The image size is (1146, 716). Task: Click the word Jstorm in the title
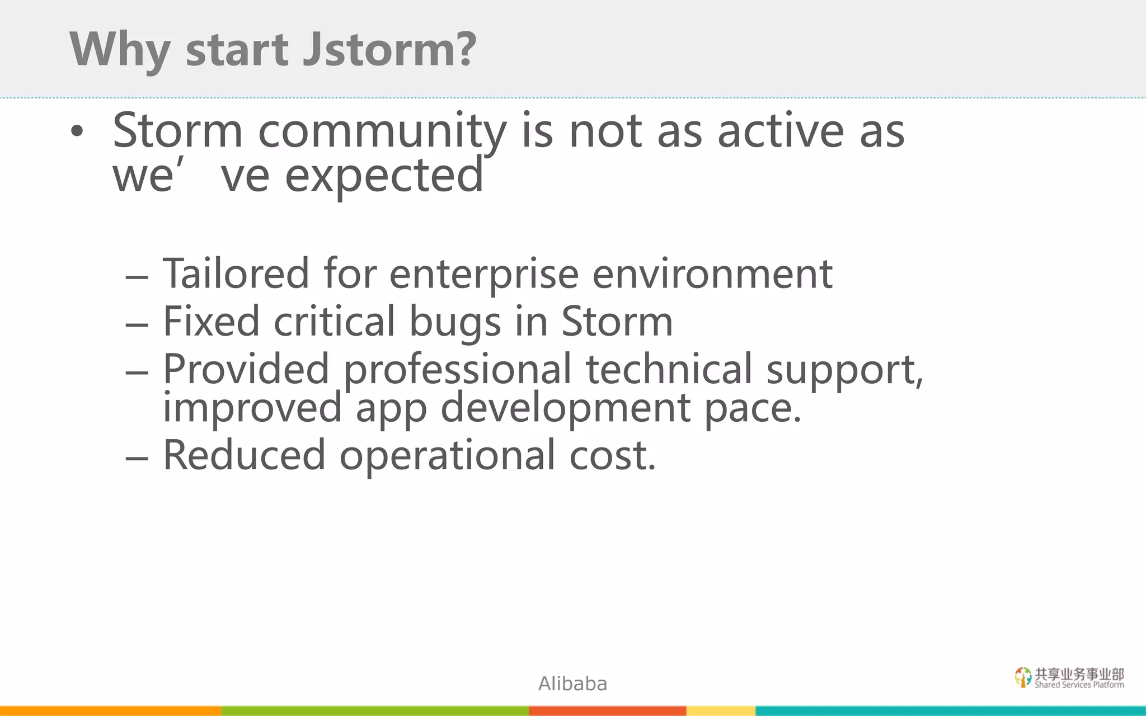[389, 49]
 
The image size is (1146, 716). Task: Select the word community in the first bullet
[382, 131]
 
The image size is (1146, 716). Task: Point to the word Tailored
[236, 274]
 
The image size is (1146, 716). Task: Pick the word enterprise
[483, 275]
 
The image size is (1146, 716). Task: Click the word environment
[712, 274]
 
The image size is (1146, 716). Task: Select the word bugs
[454, 323]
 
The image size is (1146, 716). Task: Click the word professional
[457, 370]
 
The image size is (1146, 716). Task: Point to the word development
[565, 407]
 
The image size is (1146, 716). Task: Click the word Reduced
[244, 455]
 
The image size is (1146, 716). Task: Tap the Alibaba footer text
[572, 684]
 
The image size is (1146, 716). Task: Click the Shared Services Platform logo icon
[1023, 677]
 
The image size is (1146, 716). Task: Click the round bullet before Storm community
[77, 132]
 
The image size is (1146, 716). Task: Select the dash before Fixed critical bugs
[137, 324]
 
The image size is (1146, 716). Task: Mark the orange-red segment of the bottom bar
[607, 711]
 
